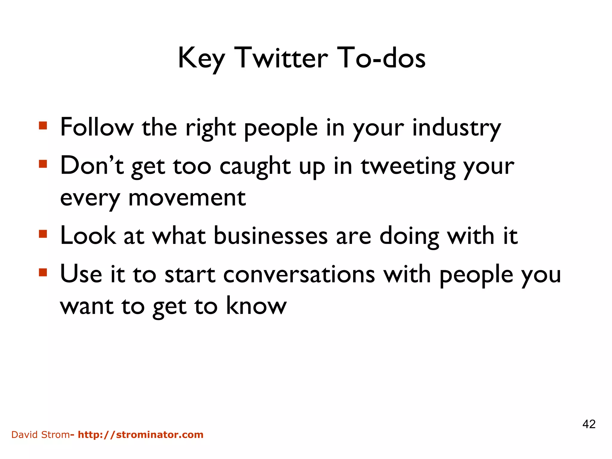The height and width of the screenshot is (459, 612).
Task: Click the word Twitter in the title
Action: [x=281, y=58]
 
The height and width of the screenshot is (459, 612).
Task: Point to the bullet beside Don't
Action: [x=43, y=164]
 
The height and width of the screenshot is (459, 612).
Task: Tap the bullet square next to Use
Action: [x=43, y=272]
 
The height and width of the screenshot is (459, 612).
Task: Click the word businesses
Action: [x=271, y=236]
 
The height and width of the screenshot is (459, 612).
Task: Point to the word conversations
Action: [x=299, y=275]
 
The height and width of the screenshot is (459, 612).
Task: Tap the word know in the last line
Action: [x=256, y=306]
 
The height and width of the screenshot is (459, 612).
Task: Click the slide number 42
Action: [x=589, y=424]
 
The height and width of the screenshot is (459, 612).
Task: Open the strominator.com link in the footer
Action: [x=140, y=434]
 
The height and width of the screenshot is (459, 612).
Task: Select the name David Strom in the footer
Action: [x=40, y=434]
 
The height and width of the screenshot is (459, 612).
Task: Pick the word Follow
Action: [x=97, y=128]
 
